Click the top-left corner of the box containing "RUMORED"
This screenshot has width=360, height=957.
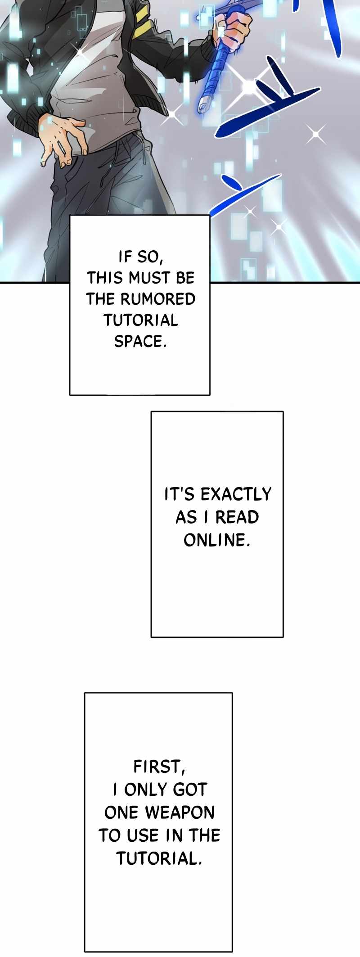(70, 216)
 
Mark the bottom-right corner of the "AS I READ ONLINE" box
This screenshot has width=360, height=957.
(283, 637)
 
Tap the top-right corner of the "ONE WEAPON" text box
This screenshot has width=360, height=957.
(232, 693)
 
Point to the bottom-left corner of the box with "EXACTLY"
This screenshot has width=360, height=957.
(151, 637)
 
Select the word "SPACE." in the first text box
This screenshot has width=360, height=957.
(140, 342)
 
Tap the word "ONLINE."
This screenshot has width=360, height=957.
(217, 540)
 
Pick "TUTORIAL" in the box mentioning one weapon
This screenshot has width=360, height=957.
(159, 859)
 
